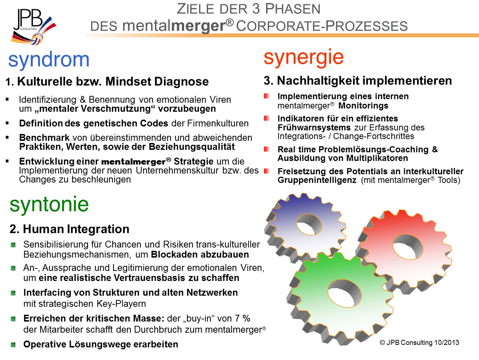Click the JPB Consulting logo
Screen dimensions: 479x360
34,27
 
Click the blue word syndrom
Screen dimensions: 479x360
49,60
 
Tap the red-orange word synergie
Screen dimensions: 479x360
304,57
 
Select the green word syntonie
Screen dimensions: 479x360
49,204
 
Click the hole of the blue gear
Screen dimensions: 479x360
309,225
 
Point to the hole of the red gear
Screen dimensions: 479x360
408,247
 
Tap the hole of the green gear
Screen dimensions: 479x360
345,293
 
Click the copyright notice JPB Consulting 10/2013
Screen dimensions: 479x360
419,342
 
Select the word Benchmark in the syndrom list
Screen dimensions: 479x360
44,138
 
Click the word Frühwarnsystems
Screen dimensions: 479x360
314,128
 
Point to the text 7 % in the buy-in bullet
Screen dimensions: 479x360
242,318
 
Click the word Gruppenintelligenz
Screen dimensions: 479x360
317,180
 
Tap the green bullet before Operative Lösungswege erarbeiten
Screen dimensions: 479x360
13,345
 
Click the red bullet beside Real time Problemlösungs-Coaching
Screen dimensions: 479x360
266,149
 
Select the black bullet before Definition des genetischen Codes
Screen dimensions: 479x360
7,123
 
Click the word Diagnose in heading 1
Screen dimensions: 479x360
181,82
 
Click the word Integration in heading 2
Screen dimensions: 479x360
98,229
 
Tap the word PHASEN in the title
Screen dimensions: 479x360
293,9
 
